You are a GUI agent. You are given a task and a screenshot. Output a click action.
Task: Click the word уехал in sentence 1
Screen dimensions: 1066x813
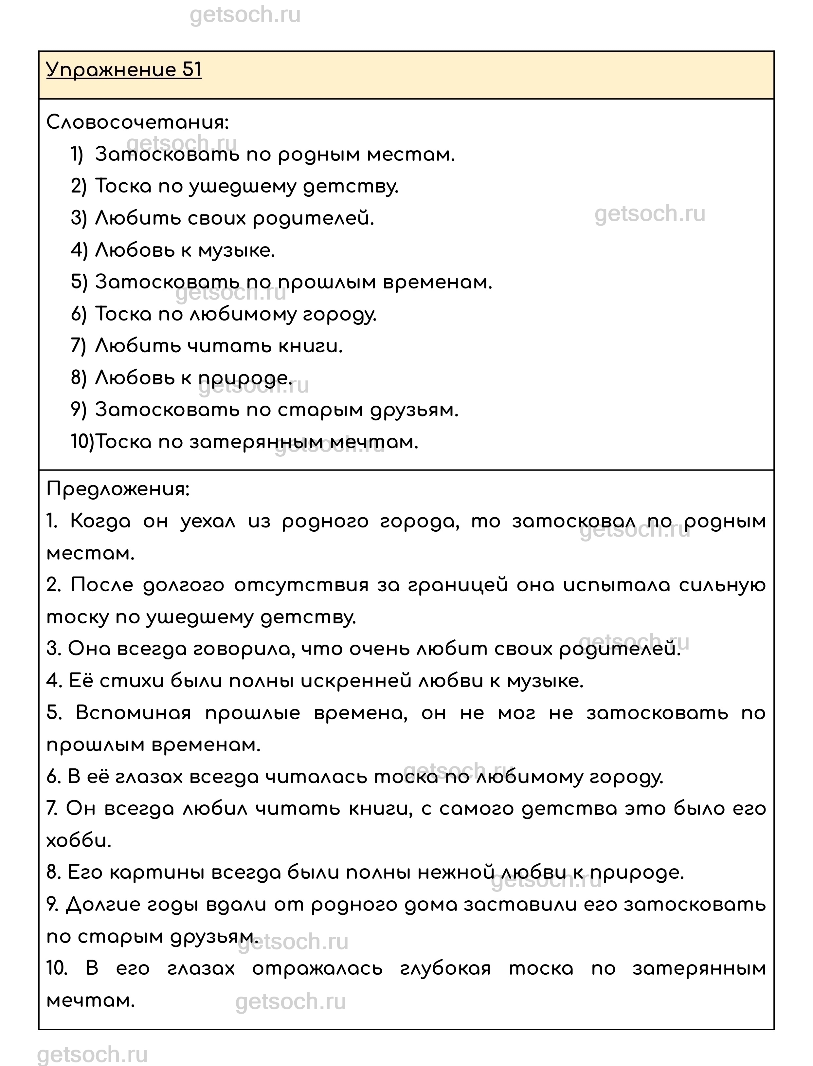208,522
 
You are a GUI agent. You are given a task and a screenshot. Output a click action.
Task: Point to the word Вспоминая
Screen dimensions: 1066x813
133,713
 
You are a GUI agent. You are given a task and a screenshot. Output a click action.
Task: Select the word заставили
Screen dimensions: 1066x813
520,905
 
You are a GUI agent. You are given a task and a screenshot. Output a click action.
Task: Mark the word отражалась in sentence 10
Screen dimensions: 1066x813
317,969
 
